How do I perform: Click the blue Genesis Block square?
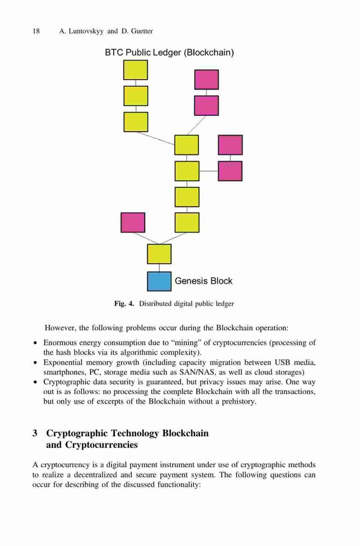coord(160,281)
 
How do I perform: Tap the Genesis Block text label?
coord(204,281)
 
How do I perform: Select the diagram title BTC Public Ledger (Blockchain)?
coord(169,52)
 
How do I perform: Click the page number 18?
coord(36,31)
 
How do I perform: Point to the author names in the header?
coord(106,31)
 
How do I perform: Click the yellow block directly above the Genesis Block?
coord(160,254)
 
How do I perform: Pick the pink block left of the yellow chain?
coord(133,223)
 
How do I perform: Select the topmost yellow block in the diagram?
coord(135,70)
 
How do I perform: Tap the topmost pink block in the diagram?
coord(206,79)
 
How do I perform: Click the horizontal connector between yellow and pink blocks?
coord(209,171)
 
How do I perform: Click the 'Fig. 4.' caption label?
coord(124,304)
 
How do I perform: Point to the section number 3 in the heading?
coord(35,433)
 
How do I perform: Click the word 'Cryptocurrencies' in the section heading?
coord(102,445)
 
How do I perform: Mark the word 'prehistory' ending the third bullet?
coord(239,401)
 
